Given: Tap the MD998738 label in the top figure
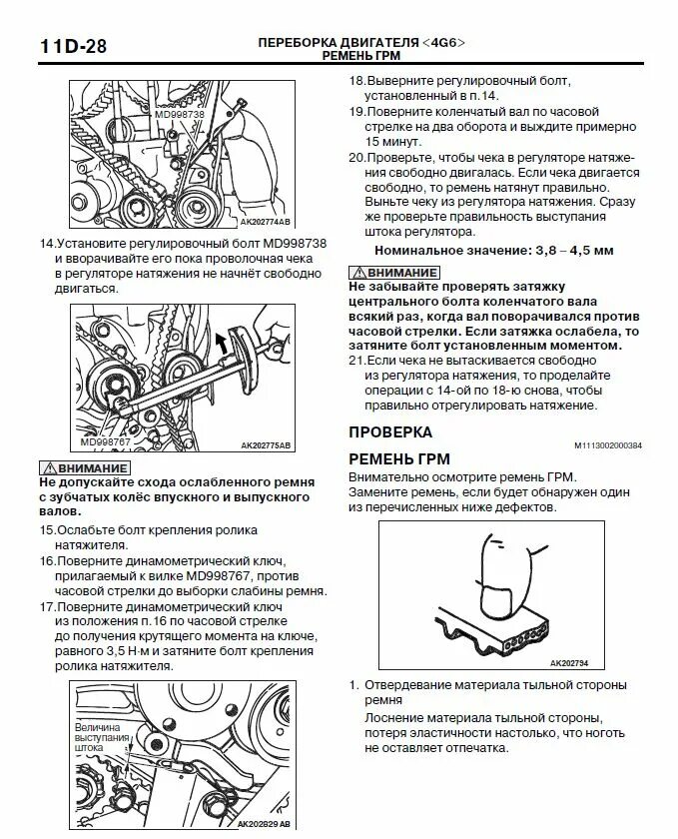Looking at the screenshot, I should (180, 115).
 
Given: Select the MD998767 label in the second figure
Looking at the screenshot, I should (107, 439).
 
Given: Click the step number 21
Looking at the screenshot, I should (356, 360).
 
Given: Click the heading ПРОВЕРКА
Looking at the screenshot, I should (390, 432).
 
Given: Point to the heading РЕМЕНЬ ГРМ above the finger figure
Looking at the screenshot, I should (399, 459).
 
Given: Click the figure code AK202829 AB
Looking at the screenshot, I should (264, 824).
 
